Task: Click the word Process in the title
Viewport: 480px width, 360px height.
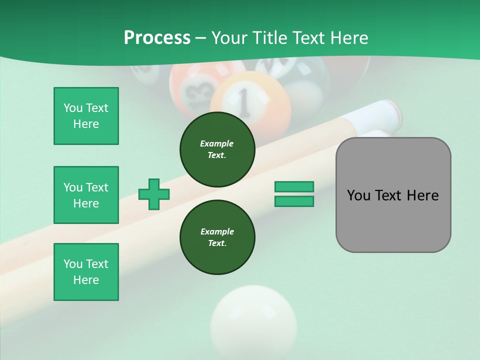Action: click(157, 38)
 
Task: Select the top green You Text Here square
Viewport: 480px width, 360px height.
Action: click(86, 116)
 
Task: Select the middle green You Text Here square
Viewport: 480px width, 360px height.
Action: click(86, 195)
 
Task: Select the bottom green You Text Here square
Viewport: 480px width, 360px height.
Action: click(86, 272)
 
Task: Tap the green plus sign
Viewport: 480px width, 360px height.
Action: click(154, 194)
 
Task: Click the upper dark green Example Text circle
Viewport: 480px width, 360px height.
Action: click(217, 149)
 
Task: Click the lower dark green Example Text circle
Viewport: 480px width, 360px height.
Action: click(217, 237)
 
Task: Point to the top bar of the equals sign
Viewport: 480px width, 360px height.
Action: click(294, 186)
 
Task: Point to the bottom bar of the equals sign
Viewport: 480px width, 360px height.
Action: click(294, 201)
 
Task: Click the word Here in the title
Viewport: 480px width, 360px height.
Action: click(349, 38)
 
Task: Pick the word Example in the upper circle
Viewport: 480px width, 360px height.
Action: click(217, 143)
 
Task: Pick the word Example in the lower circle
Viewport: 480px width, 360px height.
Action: click(217, 231)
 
